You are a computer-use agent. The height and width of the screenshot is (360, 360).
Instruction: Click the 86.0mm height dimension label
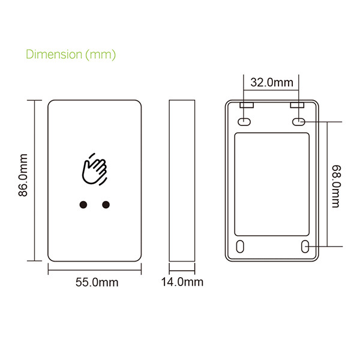coord(23,175)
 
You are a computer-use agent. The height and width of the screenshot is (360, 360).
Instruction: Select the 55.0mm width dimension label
coord(97,282)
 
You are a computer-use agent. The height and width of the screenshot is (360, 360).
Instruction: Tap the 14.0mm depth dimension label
coord(182,282)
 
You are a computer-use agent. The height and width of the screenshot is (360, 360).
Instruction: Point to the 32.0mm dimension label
coord(272,82)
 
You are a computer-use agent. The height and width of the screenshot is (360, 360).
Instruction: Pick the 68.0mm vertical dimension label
coord(337,187)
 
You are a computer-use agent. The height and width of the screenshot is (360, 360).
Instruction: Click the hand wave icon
coord(94,169)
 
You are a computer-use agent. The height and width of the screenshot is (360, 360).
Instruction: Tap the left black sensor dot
coord(83,205)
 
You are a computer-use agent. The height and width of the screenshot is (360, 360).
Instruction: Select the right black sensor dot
coord(106,205)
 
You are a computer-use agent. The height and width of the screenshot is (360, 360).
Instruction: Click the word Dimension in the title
coord(54,55)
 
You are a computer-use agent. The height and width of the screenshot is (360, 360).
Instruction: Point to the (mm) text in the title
coord(101,55)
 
